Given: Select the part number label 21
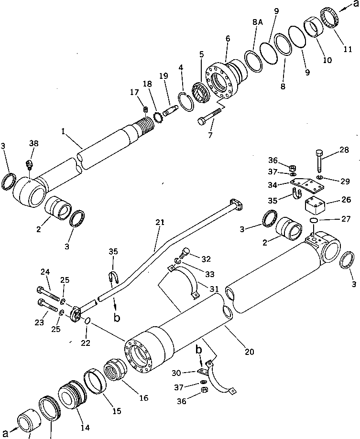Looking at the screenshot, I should pyautogui.click(x=159, y=222).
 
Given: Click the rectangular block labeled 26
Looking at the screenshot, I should pyautogui.click(x=316, y=206).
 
